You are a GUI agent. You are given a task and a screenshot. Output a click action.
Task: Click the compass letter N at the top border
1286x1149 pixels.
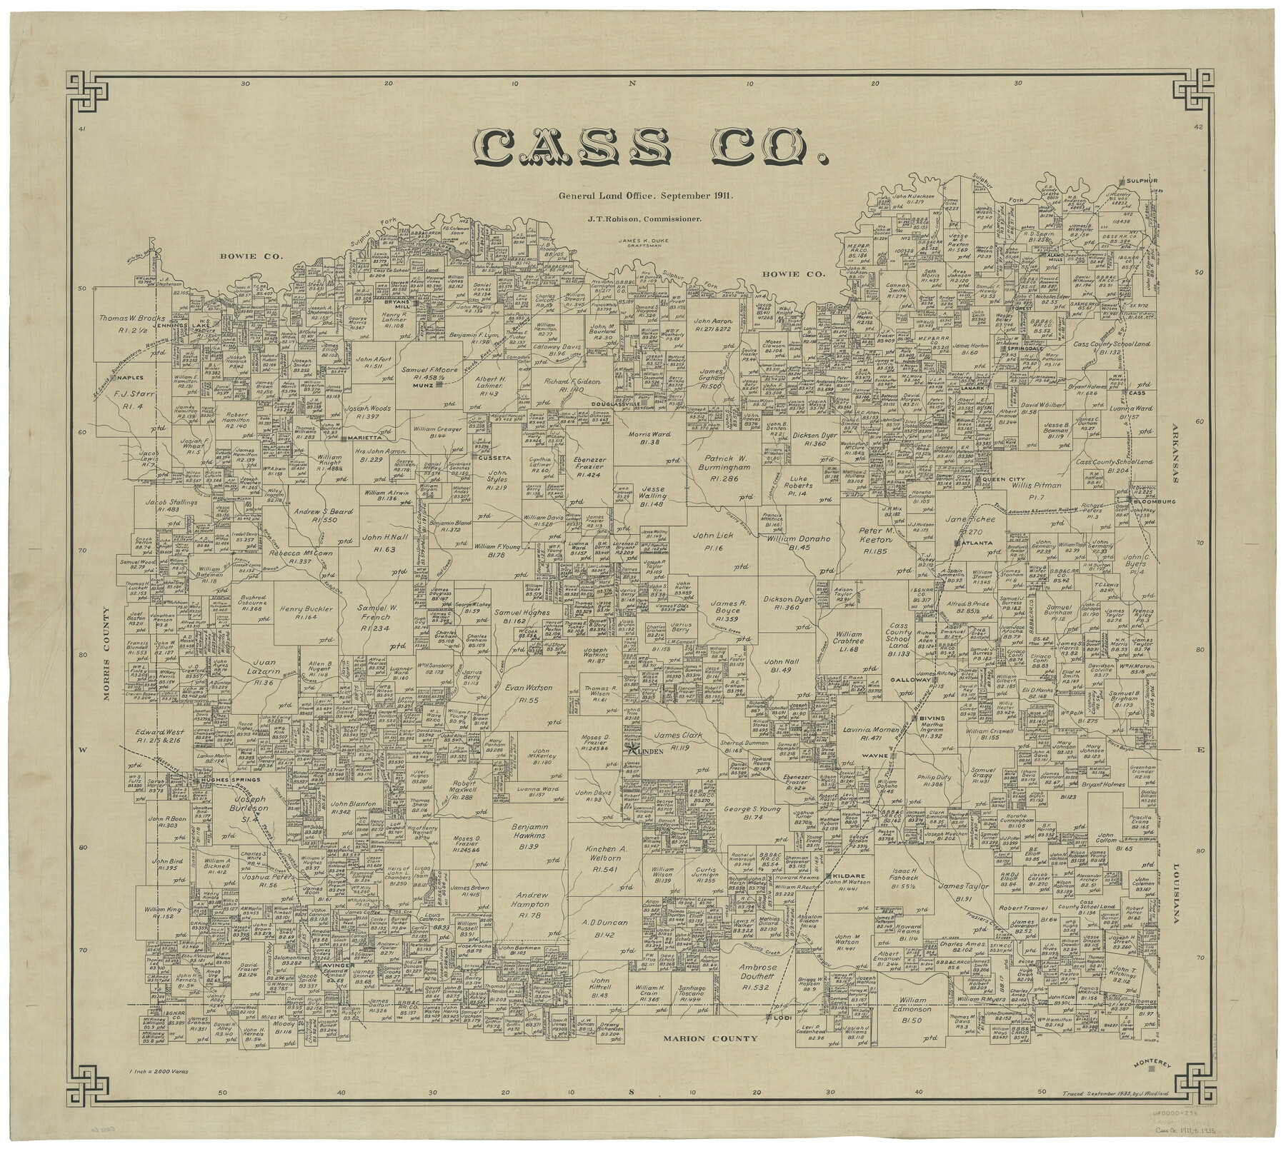click(632, 84)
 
